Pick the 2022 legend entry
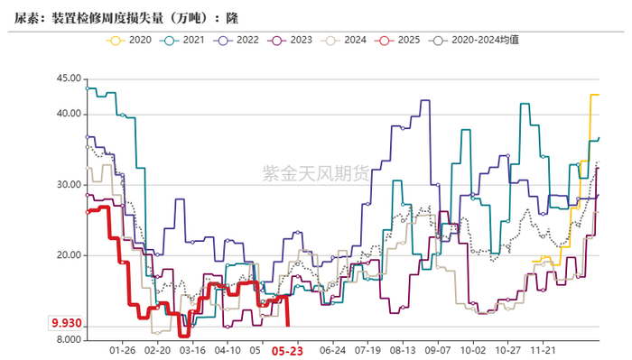coord(239,41)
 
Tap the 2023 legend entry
coord(295,41)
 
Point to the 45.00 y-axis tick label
coord(68,78)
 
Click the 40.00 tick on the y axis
coord(68,114)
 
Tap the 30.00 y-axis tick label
coord(68,185)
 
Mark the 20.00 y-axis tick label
coord(68,255)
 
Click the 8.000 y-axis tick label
coord(68,340)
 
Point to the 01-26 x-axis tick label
coord(122,349)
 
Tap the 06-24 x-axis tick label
coord(333,349)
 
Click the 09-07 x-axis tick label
coord(438,349)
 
